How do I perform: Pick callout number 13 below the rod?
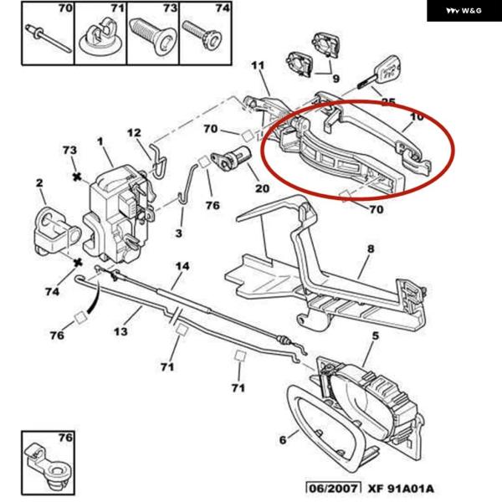[x=120, y=332]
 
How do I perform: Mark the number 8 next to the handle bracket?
[x=371, y=248]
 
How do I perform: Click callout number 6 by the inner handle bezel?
[x=282, y=439]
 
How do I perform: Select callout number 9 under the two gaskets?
[x=336, y=80]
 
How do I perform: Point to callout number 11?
[x=257, y=65]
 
